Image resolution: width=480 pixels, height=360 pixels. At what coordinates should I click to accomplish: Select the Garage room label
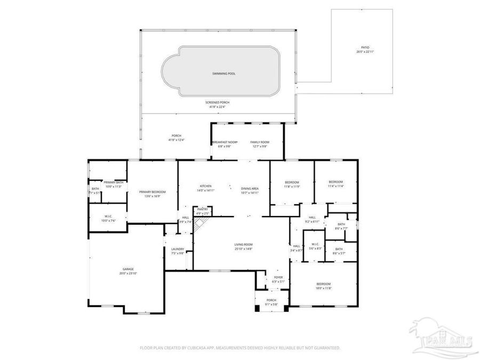point(128,269)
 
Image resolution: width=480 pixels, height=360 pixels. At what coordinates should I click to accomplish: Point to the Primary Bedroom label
point(152,192)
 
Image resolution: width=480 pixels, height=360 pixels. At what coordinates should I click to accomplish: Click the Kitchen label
point(206,186)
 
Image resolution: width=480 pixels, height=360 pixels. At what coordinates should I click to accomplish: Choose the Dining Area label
point(250,188)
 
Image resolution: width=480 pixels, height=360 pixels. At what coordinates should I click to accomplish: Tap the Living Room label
point(243,245)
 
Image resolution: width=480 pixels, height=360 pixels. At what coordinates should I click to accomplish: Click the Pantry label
point(202,209)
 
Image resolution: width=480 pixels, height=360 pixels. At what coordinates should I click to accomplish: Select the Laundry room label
point(178,249)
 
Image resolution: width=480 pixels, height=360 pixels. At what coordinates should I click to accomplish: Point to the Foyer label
point(278,277)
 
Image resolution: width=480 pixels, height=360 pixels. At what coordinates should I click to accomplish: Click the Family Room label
point(260,142)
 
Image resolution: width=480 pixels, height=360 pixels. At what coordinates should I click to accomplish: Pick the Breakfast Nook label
point(225,142)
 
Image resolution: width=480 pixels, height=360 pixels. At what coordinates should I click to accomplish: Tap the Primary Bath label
point(114,182)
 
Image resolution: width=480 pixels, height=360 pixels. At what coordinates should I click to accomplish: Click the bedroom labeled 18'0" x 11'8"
point(323,284)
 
